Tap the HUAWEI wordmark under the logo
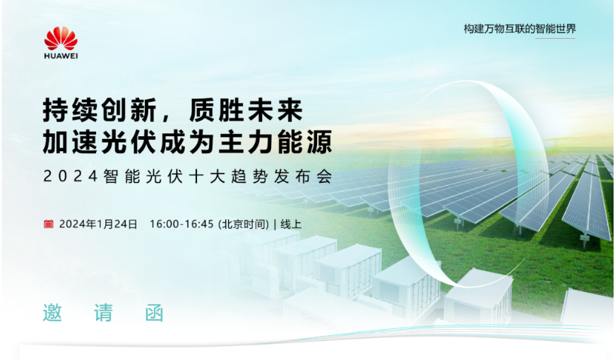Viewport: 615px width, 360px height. tap(61, 56)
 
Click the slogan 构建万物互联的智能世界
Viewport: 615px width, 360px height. tap(520, 29)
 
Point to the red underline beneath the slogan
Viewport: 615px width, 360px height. tap(556, 38)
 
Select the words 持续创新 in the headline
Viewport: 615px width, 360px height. tap(100, 110)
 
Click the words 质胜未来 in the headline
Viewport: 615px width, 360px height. tap(246, 110)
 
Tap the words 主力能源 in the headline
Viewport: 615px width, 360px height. tap(275, 142)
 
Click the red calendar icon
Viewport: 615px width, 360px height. tap(48, 224)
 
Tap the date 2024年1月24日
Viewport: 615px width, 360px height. tap(98, 224)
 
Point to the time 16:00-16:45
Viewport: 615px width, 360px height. tap(181, 224)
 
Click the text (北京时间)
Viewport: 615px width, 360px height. tap(244, 224)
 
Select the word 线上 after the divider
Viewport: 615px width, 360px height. tap(291, 224)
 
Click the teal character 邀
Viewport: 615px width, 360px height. tap(52, 313)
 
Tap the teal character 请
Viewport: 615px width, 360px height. tap(104, 313)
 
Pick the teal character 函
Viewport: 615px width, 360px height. tap(154, 313)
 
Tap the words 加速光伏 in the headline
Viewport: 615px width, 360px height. tap(100, 142)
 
